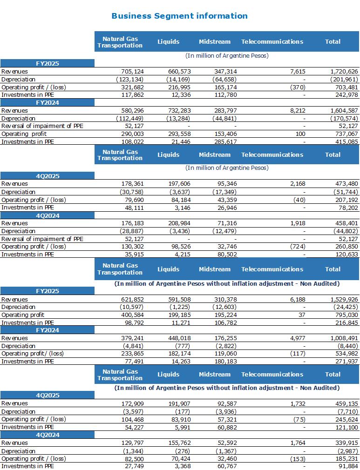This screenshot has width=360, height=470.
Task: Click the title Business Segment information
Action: pos(179,16)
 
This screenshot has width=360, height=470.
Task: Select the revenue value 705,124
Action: pos(132,72)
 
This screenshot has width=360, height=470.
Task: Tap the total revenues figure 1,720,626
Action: pos(344,72)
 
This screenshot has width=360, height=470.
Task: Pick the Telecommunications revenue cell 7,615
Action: pos(298,72)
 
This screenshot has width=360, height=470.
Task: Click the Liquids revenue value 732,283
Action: pos(179,111)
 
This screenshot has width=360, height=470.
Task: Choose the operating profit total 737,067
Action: pos(346,134)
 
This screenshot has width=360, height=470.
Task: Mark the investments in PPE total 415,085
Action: pos(346,142)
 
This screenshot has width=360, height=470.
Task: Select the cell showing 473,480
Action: pos(346,184)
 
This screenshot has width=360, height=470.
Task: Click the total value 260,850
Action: pos(346,246)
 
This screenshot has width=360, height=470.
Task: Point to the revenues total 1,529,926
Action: pos(344,299)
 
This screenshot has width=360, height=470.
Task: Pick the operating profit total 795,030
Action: pos(346,315)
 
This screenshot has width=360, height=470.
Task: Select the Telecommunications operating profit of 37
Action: pos(302,315)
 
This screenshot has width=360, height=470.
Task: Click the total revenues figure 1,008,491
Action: pos(344,338)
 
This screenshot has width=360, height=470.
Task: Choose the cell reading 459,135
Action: pos(346,404)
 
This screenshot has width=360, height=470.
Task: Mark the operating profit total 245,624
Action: pos(346,419)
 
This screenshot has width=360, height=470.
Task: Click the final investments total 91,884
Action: pos(348,466)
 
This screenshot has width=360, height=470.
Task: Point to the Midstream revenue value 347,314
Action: pos(225,72)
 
